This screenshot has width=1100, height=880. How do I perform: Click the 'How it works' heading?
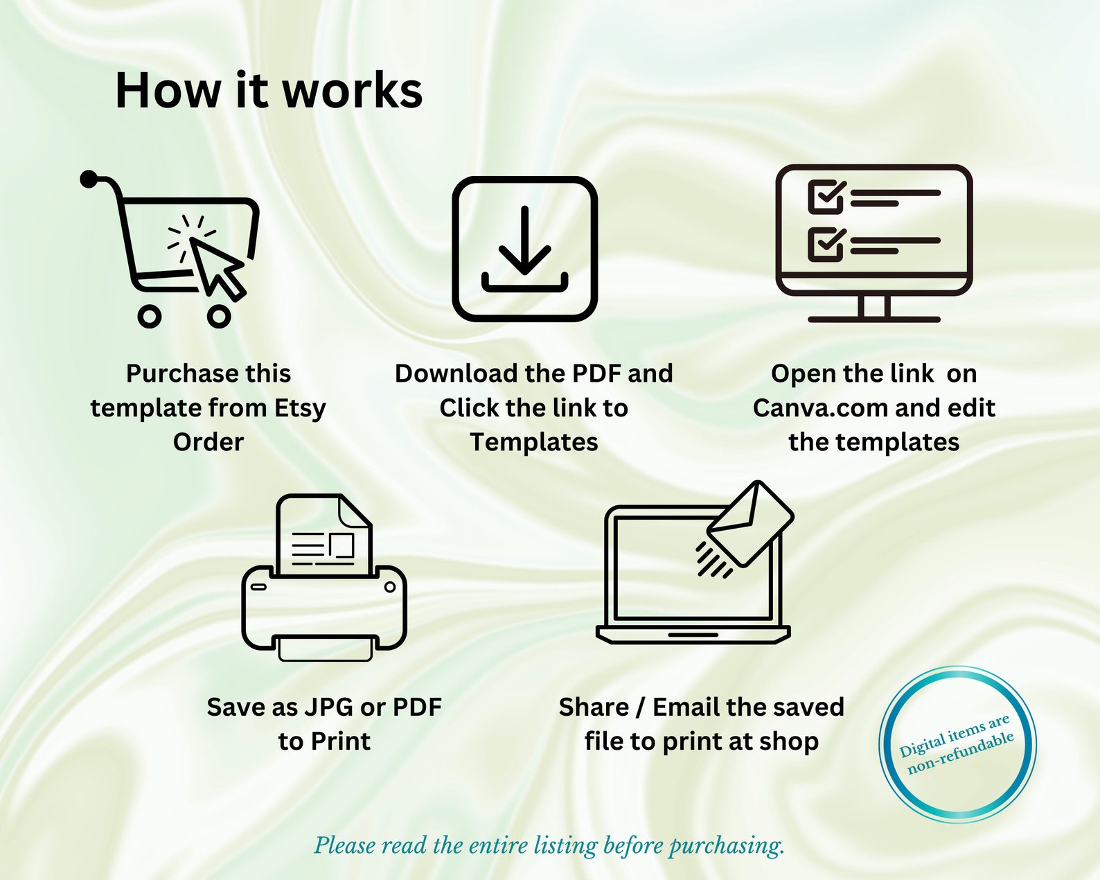[269, 91]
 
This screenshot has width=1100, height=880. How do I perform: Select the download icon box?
[524, 249]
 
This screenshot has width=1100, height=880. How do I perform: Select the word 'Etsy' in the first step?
[299, 409]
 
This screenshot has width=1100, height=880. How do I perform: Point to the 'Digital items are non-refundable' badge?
[957, 744]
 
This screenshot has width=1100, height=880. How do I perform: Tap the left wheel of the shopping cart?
[149, 317]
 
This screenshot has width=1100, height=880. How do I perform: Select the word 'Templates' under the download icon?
[533, 442]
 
